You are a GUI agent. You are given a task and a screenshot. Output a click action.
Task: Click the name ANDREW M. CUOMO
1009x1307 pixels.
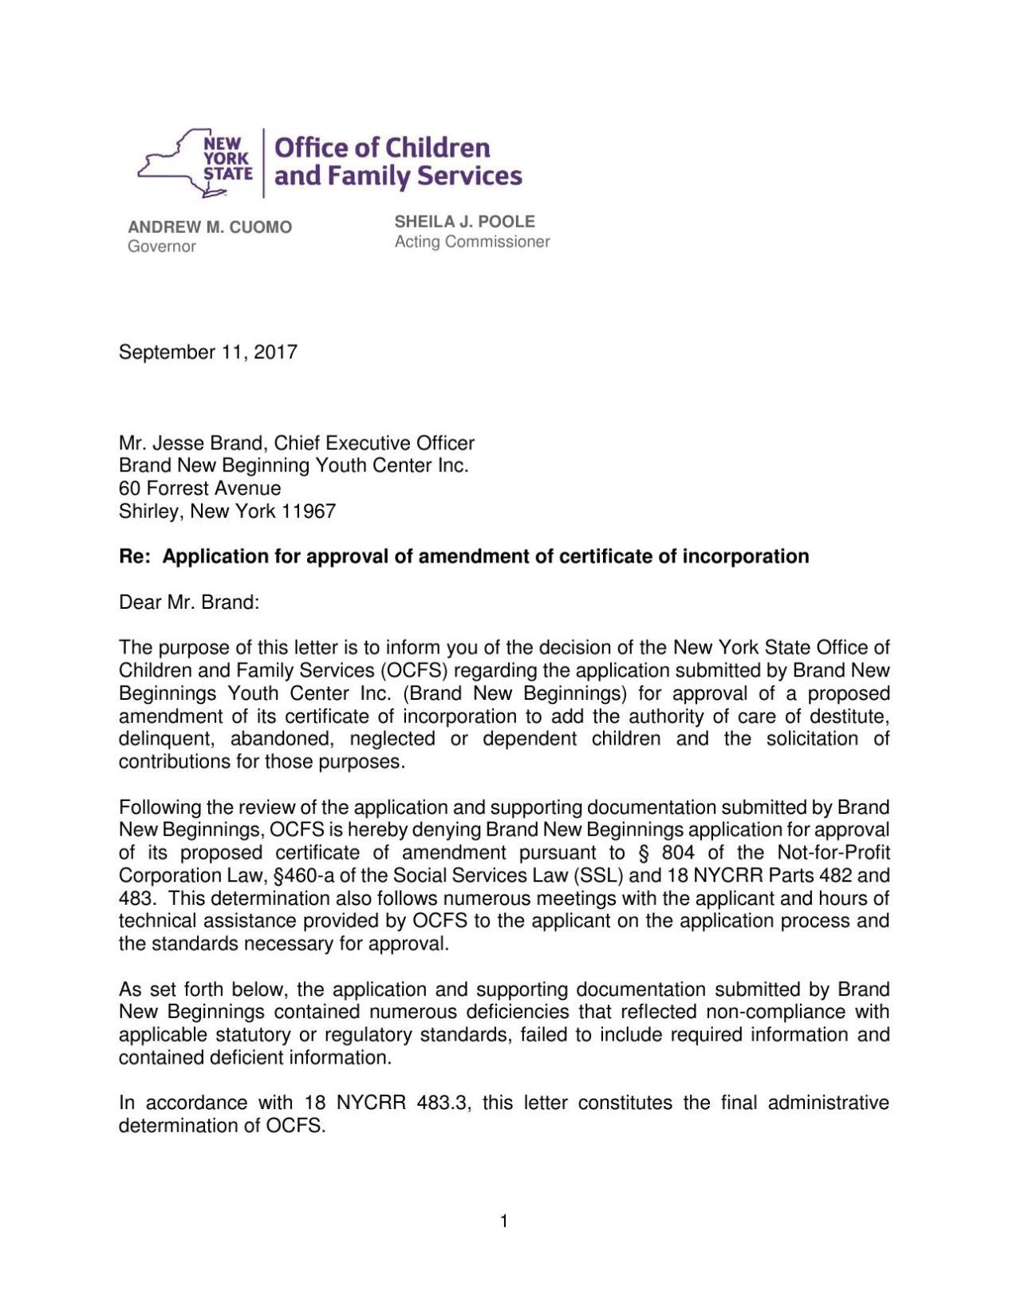[x=210, y=227]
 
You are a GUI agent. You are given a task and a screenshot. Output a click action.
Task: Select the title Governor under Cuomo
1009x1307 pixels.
[x=162, y=247]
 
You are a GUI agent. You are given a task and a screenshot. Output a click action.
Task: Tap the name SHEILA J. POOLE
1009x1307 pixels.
[x=464, y=222]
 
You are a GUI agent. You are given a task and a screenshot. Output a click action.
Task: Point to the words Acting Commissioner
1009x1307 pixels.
[x=472, y=242]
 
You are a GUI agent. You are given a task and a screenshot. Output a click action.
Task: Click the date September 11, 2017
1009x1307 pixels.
[x=207, y=353]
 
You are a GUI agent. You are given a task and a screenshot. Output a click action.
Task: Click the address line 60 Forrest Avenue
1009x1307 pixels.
[x=199, y=488]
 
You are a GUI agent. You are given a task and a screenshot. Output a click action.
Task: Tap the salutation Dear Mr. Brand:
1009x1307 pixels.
[x=189, y=602]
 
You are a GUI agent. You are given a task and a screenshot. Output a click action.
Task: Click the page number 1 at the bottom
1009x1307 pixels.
[x=503, y=1221]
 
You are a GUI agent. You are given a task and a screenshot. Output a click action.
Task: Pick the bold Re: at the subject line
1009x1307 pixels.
[x=134, y=557]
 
